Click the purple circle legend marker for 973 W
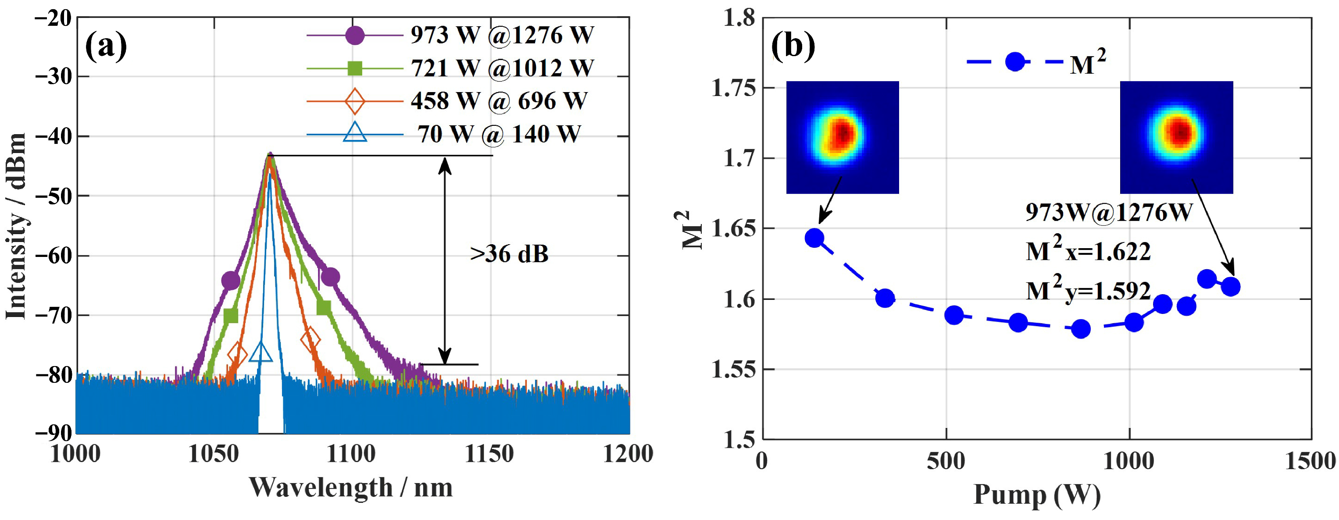click(354, 36)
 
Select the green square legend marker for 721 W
click(354, 68)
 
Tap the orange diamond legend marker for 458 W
click(354, 101)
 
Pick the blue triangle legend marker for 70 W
click(354, 133)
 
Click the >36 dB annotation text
click(509, 254)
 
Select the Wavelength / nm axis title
click(351, 487)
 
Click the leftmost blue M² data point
click(814, 238)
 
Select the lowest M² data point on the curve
click(1081, 329)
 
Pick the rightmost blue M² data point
click(1230, 286)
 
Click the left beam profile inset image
click(842, 137)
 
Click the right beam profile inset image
click(1176, 137)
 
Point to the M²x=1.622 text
click(1088, 251)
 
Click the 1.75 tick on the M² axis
click(733, 88)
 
